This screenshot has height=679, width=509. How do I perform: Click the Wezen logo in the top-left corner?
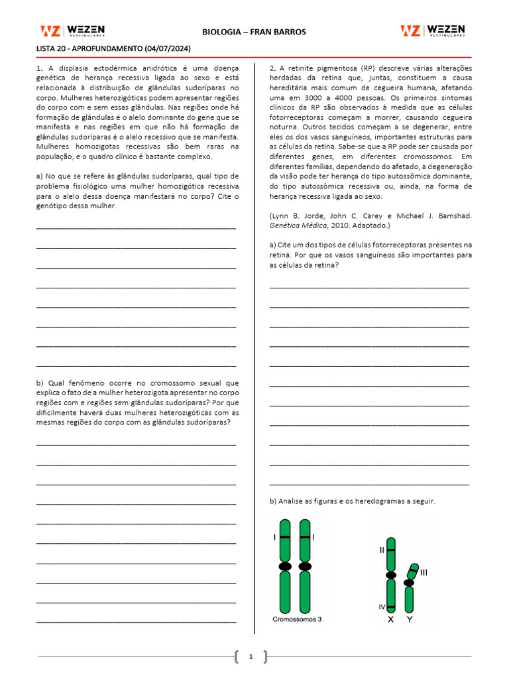(x=72, y=31)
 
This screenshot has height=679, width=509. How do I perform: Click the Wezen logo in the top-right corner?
(x=432, y=31)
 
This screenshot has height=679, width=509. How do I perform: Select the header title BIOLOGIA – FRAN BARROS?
(x=254, y=32)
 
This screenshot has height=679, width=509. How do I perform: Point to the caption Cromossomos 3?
(x=298, y=619)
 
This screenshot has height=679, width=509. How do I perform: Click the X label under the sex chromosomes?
(x=391, y=619)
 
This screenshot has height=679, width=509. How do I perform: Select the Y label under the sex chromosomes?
(x=410, y=619)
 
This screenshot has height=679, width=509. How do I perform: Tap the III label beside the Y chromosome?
(x=424, y=572)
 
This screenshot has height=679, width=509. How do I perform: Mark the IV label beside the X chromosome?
(x=382, y=607)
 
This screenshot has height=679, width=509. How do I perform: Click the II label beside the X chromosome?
(x=382, y=550)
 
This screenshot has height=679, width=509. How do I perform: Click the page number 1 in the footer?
(x=251, y=657)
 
